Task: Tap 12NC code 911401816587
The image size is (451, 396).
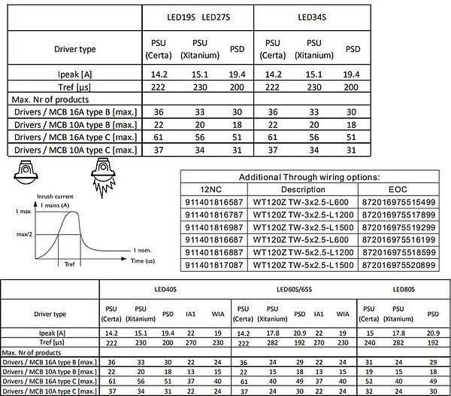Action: coord(219,202)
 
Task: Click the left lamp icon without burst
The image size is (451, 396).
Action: coord(27,172)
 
